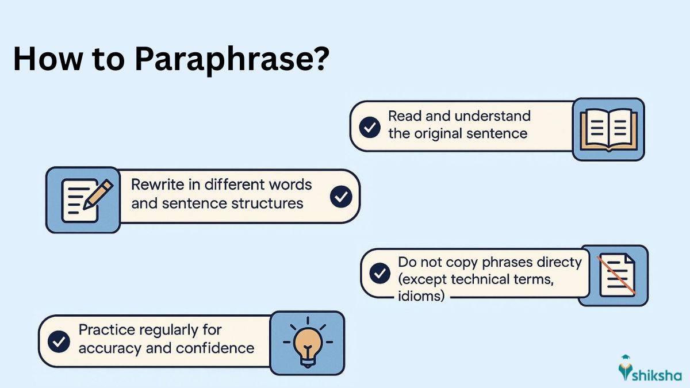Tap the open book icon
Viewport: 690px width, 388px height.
pos(608,129)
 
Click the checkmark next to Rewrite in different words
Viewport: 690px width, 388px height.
pos(340,197)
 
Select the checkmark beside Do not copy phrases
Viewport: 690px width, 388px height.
pos(379,273)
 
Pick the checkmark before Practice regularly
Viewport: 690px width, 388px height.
pos(58,342)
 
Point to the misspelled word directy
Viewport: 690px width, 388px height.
pos(558,263)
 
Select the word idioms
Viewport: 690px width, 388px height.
pos(421,296)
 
